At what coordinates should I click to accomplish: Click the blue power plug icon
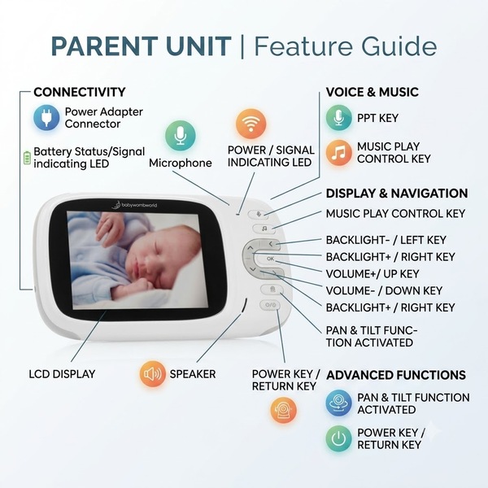point(46,118)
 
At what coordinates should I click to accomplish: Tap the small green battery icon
point(27,158)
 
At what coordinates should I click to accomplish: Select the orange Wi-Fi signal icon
point(251,124)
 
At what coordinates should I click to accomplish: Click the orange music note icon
point(338,153)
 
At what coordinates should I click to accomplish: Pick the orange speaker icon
point(152,374)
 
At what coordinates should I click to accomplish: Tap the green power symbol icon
point(338,438)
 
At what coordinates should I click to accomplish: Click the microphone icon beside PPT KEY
point(338,118)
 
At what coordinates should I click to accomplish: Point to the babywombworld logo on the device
point(134,204)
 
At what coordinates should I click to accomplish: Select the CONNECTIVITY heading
point(80,92)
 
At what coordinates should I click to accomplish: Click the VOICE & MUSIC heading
point(373,92)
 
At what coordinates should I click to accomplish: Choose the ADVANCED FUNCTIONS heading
point(396,375)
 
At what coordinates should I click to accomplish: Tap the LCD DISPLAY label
point(62,374)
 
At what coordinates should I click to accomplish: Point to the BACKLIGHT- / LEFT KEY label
point(386,240)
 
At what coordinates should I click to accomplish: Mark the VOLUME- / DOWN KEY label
point(384,290)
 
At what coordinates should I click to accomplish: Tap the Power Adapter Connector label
point(103,118)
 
